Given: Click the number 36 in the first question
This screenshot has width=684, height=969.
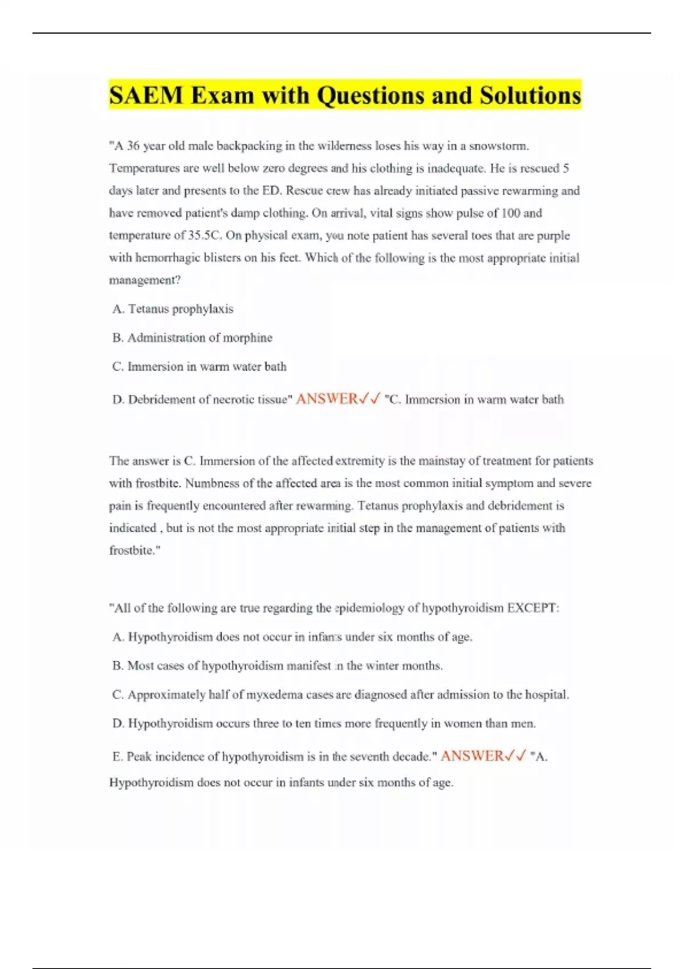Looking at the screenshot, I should [133, 146].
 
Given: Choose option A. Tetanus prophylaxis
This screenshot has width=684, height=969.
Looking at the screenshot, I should [173, 309].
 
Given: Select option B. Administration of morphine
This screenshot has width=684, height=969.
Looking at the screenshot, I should [193, 338].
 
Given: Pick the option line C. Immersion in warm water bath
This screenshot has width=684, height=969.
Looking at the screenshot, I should [199, 367].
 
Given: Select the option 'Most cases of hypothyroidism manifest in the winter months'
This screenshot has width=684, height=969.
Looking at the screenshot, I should [278, 666].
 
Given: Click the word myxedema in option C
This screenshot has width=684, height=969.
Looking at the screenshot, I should [267, 695].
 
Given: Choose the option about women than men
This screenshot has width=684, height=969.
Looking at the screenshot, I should [324, 724].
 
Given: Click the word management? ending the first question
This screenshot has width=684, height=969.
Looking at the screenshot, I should [145, 280].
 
